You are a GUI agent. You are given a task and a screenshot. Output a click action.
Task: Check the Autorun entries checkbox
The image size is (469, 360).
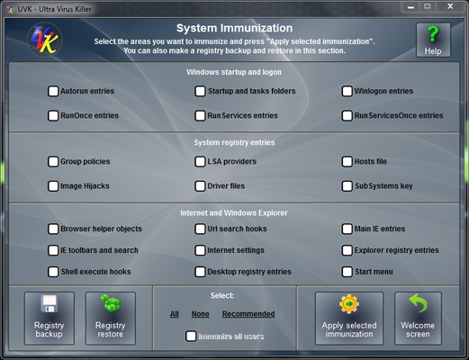(54, 91)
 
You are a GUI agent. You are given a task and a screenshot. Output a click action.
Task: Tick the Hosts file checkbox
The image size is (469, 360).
(347, 162)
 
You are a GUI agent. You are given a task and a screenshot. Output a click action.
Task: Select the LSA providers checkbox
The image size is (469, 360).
(201, 162)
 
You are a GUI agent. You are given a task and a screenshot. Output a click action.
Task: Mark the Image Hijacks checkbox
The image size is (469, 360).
(54, 186)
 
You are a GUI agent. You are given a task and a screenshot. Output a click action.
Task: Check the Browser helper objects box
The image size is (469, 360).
(54, 229)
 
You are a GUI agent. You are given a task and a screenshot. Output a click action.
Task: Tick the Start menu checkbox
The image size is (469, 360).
(347, 272)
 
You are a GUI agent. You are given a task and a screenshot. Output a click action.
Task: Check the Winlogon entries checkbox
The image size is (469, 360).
(347, 91)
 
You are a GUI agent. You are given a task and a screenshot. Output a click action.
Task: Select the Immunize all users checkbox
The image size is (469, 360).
(191, 336)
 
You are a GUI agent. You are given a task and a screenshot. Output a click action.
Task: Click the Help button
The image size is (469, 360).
(433, 40)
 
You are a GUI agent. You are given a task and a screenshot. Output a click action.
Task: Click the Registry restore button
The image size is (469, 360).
(110, 318)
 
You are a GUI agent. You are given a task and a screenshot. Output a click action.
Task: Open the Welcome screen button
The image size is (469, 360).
(418, 318)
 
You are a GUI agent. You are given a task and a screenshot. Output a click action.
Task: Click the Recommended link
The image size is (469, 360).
(248, 314)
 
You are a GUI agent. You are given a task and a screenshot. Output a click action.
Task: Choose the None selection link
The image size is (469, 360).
(201, 314)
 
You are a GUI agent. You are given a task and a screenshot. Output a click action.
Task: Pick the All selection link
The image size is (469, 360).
(175, 314)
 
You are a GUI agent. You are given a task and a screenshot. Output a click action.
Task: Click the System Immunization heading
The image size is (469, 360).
(234, 29)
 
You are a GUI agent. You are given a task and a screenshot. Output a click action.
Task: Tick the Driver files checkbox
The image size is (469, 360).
(201, 186)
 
